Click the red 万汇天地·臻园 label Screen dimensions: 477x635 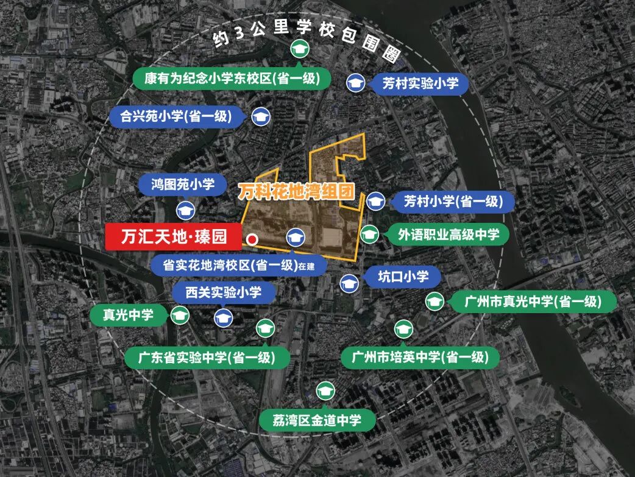click(x=174, y=236)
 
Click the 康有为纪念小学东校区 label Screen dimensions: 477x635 click(x=233, y=79)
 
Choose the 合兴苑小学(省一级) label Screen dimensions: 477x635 click(x=177, y=116)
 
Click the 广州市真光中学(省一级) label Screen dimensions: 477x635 click(x=533, y=301)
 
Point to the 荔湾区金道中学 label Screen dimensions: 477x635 click(x=317, y=420)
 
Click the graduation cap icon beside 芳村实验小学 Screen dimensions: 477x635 click(x=355, y=83)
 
